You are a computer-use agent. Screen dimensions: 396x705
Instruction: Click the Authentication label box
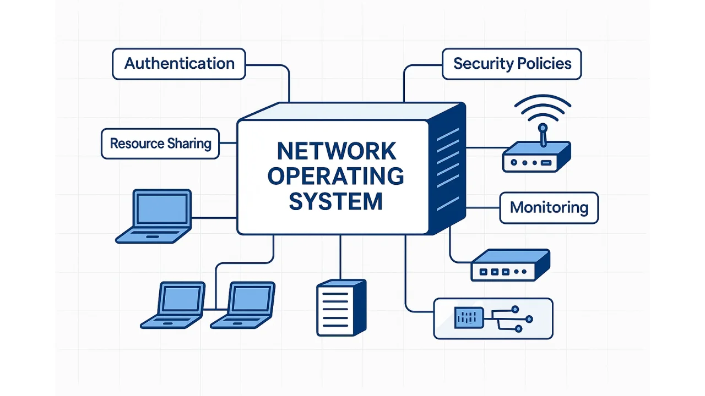pos(179,64)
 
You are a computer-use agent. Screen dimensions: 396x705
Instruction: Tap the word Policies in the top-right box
pos(545,64)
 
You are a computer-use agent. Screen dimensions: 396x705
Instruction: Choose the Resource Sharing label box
pos(160,144)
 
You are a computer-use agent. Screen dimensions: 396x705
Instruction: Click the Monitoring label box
pos(549,208)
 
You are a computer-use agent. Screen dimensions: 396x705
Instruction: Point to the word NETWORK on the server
pos(336,151)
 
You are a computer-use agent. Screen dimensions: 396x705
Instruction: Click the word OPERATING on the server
pos(336,176)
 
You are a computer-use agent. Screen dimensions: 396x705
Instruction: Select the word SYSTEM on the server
pos(336,201)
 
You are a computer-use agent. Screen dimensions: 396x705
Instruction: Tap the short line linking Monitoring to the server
pos(482,208)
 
